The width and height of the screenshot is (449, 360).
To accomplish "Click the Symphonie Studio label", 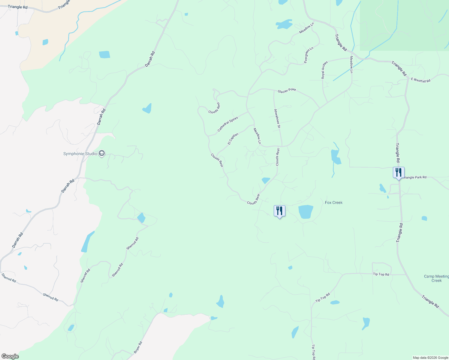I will (x=80, y=154).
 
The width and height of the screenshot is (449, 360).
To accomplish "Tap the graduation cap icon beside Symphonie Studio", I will (x=102, y=154).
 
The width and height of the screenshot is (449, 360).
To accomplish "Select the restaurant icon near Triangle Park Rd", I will (x=399, y=173).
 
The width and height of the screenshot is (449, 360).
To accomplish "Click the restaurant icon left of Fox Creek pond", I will (x=279, y=211).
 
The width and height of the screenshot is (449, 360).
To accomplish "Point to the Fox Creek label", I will (x=333, y=202).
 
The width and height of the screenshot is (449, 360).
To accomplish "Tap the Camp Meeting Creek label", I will (x=436, y=278).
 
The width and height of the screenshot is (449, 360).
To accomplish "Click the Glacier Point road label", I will (x=287, y=90).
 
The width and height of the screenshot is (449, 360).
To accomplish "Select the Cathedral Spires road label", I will (x=228, y=124).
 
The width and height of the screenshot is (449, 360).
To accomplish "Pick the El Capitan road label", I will (x=233, y=139).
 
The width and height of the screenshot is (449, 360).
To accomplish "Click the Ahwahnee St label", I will (x=277, y=119).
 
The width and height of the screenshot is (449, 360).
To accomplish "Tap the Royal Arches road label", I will (x=324, y=70).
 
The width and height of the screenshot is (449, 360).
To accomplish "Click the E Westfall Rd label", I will (x=420, y=80).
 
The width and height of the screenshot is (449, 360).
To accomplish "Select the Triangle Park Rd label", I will (x=415, y=177).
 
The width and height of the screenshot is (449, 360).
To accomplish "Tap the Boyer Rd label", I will (x=138, y=347).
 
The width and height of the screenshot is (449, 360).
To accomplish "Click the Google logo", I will (x=10, y=356).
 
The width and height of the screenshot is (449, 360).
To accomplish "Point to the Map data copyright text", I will (x=430, y=358).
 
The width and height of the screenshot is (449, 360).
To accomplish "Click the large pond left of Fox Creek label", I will (x=306, y=211).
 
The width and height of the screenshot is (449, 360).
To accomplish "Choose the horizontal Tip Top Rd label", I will (x=381, y=274).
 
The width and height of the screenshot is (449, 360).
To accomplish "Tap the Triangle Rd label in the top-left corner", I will (x=18, y=7).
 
